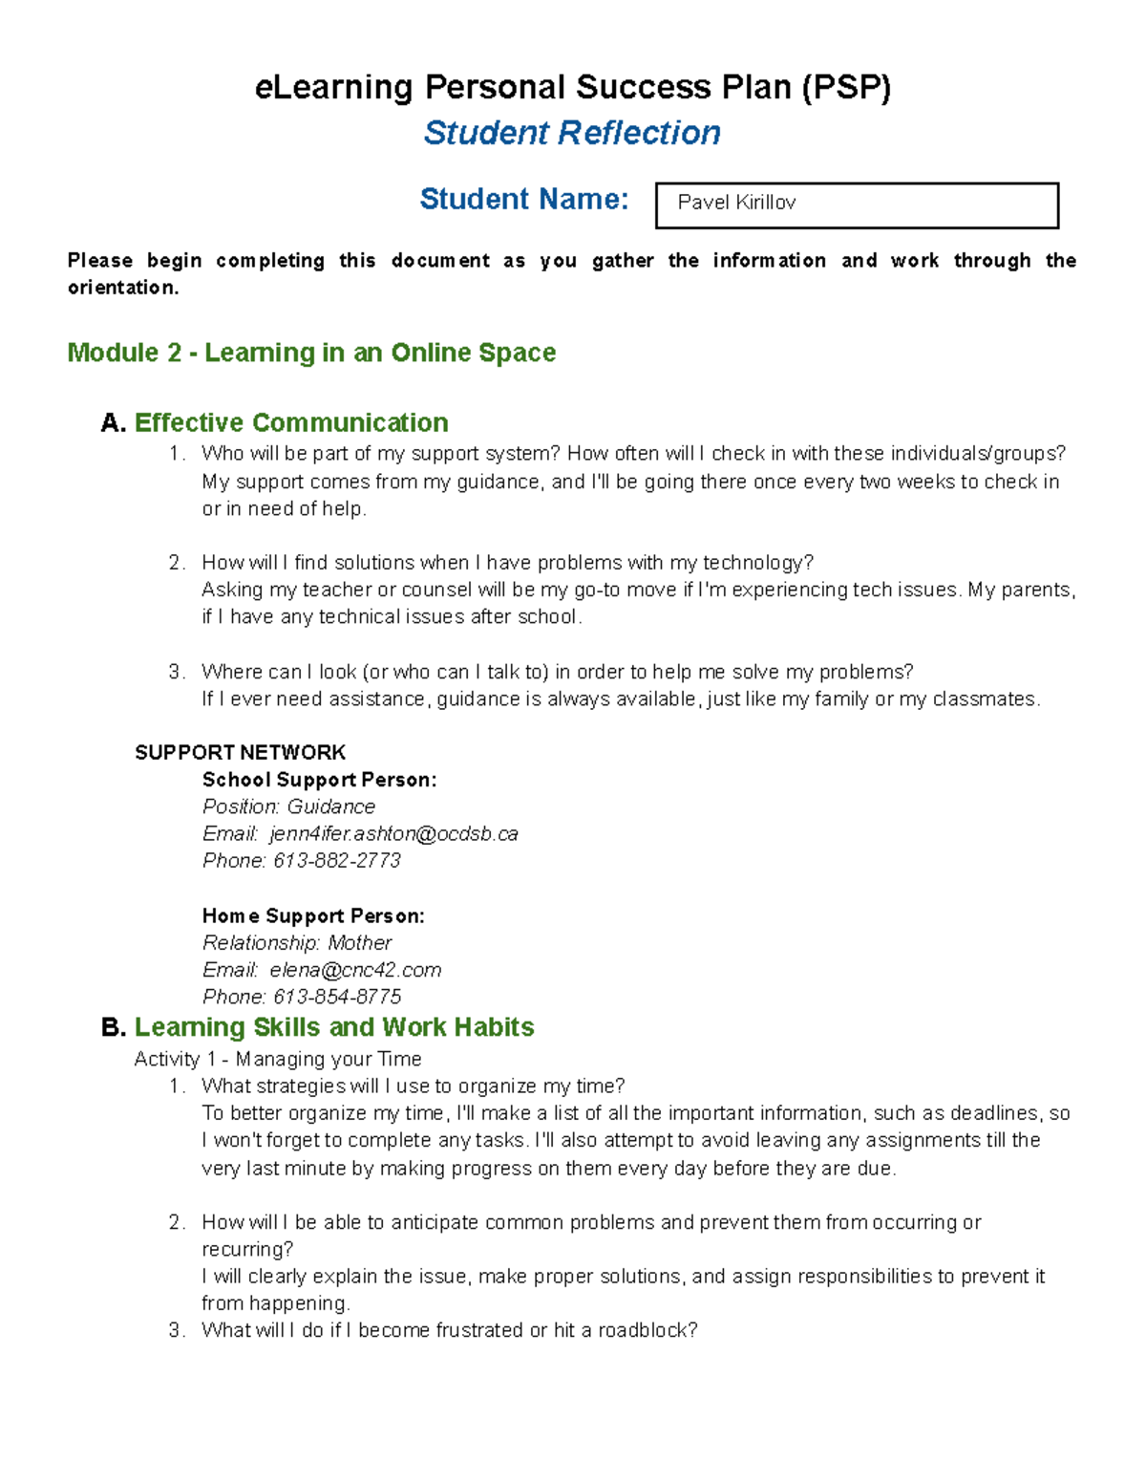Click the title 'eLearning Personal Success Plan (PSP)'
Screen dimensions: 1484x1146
tap(572, 88)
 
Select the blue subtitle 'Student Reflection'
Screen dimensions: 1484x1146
tap(572, 133)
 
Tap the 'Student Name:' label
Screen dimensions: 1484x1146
tap(524, 199)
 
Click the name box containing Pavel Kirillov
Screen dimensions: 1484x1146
tap(857, 204)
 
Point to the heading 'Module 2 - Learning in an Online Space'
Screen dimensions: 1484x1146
tap(311, 353)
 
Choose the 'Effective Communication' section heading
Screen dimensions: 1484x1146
tap(291, 422)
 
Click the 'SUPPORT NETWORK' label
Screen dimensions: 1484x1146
tap(240, 752)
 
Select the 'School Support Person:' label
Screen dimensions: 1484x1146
tap(319, 780)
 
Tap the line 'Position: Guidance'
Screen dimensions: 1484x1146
tap(288, 807)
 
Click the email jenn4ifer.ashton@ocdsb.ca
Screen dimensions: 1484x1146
tap(393, 833)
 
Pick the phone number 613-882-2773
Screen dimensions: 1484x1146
tap(337, 860)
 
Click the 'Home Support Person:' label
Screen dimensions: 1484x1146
tap(313, 915)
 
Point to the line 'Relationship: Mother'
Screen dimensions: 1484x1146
tap(297, 942)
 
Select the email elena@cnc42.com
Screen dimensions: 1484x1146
tap(355, 970)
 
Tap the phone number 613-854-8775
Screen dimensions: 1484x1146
tap(337, 997)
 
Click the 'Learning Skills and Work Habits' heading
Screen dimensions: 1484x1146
tap(334, 1027)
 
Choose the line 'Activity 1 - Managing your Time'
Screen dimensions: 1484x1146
tap(278, 1059)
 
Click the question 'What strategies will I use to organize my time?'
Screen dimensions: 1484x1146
tap(413, 1086)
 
